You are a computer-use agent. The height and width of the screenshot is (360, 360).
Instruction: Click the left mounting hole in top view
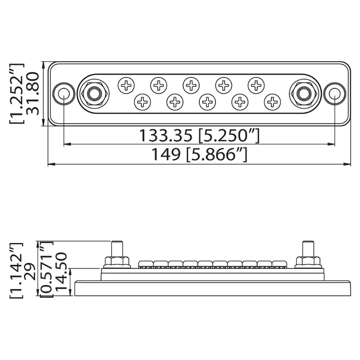(x=63, y=94)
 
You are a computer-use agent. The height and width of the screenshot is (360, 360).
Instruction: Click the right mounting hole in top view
(x=334, y=94)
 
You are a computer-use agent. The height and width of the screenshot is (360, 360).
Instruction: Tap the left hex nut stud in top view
(x=94, y=94)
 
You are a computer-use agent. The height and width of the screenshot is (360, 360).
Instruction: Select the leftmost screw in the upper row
(x=126, y=84)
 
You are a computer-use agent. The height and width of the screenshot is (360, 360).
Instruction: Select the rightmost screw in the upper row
(x=256, y=84)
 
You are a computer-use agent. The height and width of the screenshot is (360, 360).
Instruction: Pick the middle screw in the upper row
(x=191, y=84)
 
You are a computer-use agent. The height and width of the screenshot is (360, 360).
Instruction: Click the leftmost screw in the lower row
(x=143, y=102)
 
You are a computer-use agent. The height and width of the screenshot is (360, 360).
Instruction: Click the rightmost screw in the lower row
(x=272, y=102)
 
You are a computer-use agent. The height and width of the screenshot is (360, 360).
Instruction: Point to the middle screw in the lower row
(x=207, y=102)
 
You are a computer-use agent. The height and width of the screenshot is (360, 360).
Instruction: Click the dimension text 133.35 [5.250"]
(x=198, y=135)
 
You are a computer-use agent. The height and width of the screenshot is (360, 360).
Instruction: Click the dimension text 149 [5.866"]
(x=198, y=155)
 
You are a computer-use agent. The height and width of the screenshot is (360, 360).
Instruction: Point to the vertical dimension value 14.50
(x=61, y=273)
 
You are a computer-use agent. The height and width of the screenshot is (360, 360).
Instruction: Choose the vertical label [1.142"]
(x=17, y=269)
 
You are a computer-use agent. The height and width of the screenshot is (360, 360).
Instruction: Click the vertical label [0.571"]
(x=46, y=269)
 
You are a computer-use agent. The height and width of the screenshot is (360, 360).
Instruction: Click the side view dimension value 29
(x=32, y=269)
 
